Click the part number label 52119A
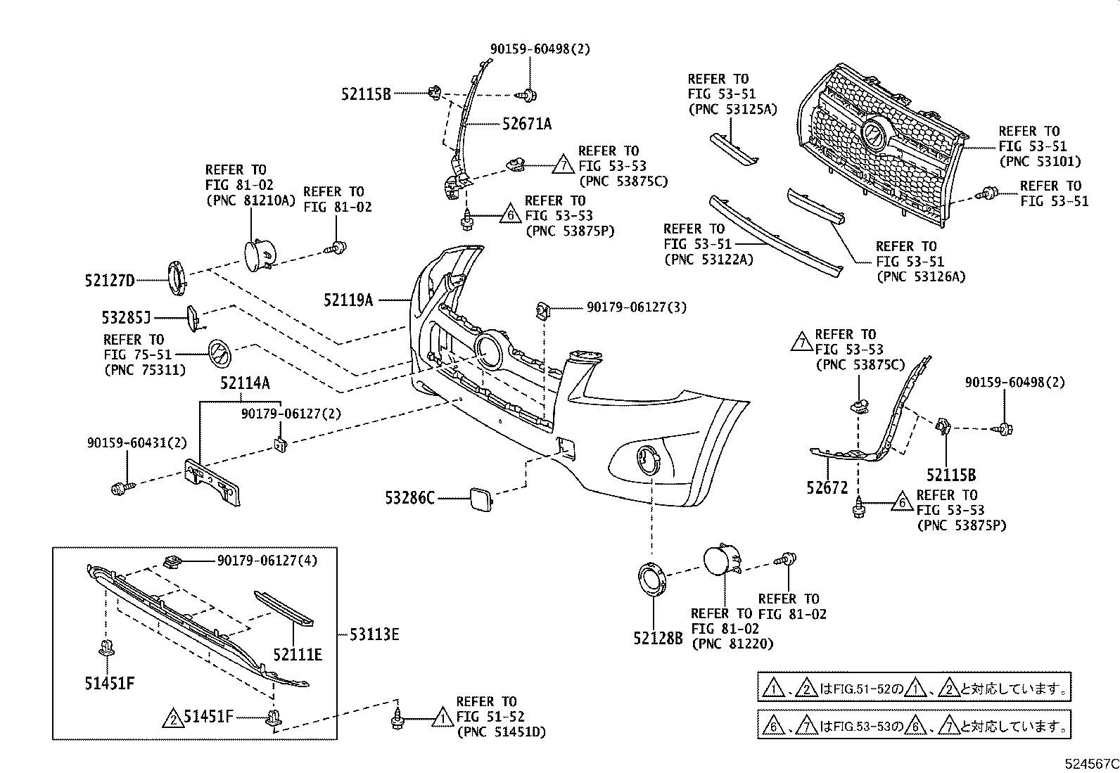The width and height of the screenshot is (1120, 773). point(348,300)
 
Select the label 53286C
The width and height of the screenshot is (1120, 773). point(409,499)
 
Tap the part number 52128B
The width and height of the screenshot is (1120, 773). point(658,638)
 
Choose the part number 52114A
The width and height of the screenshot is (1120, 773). point(244,383)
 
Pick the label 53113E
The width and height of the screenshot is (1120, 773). point(374,635)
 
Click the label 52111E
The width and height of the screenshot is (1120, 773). point(298,655)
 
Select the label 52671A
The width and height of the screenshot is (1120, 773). point(527,124)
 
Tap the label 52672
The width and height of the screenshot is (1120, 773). point(827,487)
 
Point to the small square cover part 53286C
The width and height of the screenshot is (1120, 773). point(479,498)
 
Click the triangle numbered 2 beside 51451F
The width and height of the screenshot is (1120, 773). point(171,718)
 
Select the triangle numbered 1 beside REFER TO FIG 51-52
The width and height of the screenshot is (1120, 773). point(442,717)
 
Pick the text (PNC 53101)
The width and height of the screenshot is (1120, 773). point(1040,162)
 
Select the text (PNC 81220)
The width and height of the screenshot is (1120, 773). point(732,643)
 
